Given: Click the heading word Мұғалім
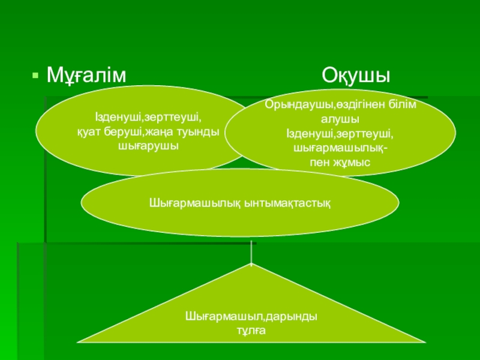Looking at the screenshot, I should pos(87,76).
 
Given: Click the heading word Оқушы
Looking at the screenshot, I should pos(356,76).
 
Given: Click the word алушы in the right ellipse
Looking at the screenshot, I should pos(340,119).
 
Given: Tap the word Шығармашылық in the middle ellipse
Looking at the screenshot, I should pos(194,203).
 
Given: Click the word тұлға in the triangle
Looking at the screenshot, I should pos(251,330).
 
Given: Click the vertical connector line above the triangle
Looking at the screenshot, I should pos(251,252).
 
